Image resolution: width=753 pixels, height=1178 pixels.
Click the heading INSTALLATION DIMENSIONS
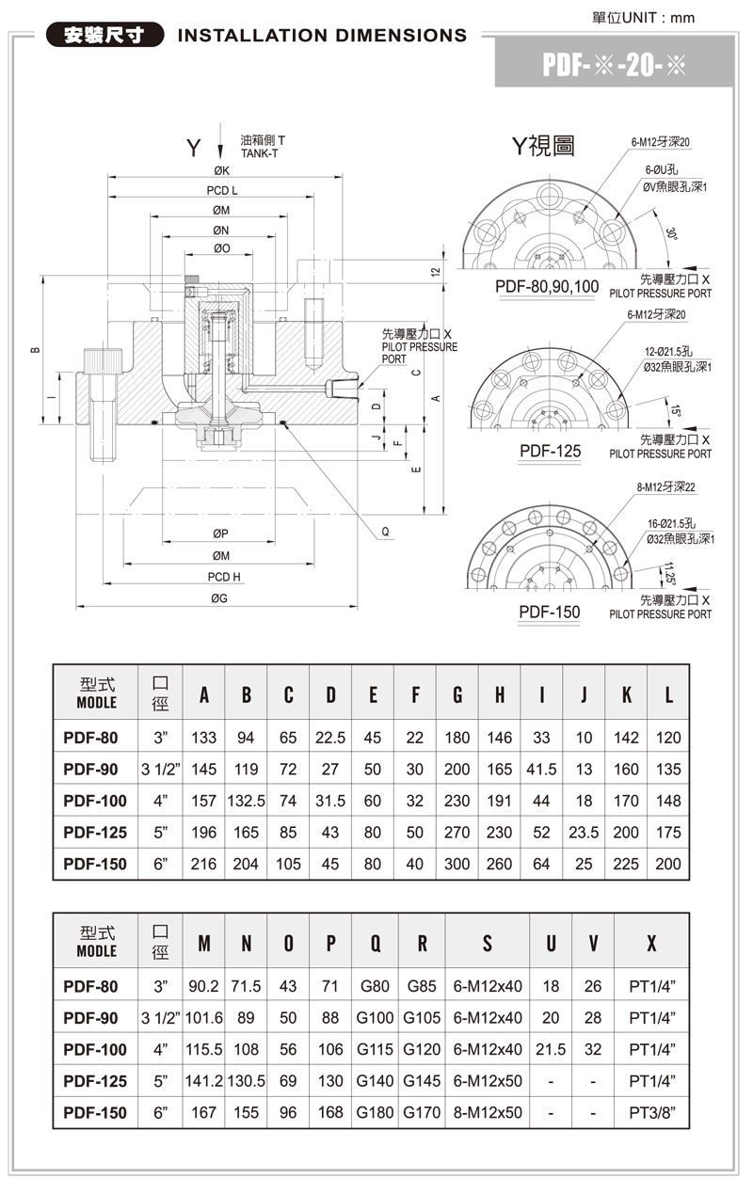pos(322,36)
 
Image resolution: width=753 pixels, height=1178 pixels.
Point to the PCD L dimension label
pos(222,191)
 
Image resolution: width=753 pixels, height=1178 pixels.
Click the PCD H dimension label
pos(224,576)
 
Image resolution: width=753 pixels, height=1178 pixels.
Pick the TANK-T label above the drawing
pos(260,152)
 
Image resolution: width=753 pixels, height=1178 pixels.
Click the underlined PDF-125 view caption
pos(550,451)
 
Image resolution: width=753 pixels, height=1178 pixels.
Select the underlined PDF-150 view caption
pos(550,612)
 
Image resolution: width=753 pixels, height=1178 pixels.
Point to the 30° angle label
pos(670,234)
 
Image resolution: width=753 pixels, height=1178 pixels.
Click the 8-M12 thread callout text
pos(665,487)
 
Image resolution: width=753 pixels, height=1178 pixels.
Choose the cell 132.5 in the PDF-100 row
pos(246,801)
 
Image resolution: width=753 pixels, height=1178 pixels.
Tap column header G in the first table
pos(457,696)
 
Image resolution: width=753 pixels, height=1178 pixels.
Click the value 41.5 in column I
pos(541,770)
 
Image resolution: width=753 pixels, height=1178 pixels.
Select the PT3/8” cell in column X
pos(651,1112)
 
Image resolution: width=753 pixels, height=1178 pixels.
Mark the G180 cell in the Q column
pos(376,1112)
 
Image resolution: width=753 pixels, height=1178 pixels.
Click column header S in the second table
pos(487,944)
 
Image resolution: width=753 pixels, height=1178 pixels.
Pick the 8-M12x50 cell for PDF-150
pos(487,1112)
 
